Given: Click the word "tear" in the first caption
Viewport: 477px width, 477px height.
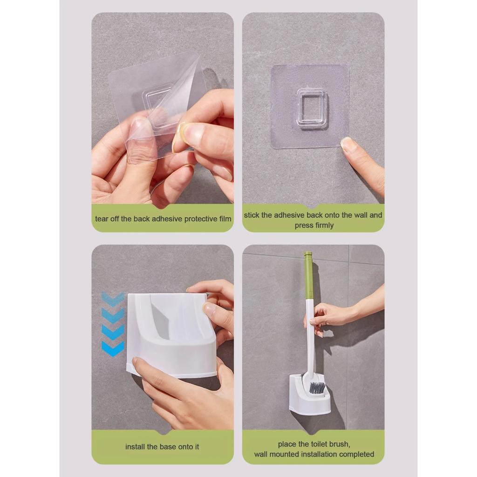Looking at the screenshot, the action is coord(101,219).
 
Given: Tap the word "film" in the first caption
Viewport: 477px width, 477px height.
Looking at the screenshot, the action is coord(225,219).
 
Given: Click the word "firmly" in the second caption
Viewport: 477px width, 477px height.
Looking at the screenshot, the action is coord(324,225).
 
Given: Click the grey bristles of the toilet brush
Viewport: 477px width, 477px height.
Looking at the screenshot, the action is coord(317,388).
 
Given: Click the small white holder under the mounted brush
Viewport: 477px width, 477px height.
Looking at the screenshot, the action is coord(309,395).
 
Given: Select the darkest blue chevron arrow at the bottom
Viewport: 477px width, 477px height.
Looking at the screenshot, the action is coord(113,348).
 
